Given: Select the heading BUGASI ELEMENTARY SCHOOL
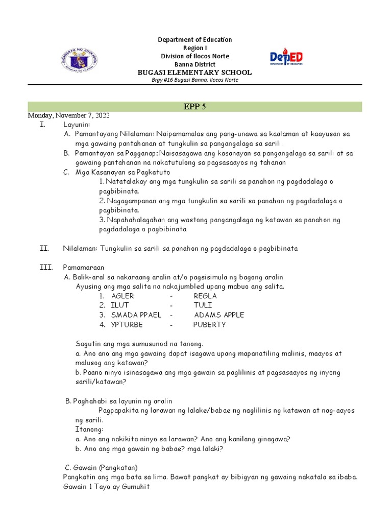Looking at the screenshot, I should tap(195, 73).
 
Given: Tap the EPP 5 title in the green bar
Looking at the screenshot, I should tap(194, 106).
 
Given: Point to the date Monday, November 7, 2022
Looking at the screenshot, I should tap(68, 115).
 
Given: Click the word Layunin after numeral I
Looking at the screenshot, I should tap(77, 124).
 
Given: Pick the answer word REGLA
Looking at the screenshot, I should tap(205, 296).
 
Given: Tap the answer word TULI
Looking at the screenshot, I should tap(203, 305).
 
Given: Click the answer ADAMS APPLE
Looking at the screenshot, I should tap(219, 315).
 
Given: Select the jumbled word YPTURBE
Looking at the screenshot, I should tap(127, 324).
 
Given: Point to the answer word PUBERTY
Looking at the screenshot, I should tap(209, 324).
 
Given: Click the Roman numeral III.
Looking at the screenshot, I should tap(45, 267).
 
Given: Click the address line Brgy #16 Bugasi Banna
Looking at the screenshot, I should tap(195, 80).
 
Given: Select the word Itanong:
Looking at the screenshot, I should tap(89, 429).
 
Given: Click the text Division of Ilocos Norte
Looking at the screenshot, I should tap(195, 56).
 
